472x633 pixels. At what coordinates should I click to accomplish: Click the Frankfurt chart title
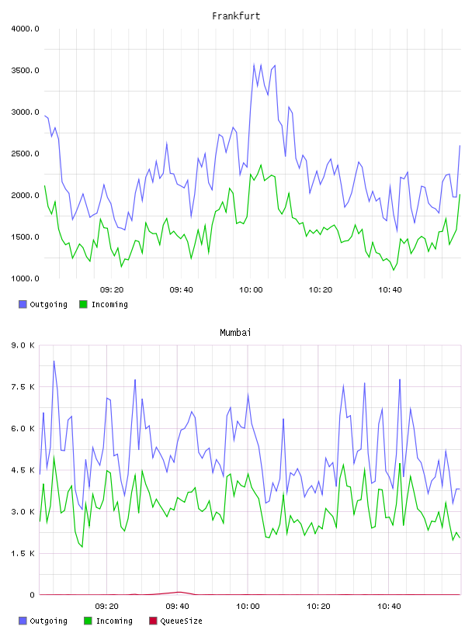[x=236, y=16]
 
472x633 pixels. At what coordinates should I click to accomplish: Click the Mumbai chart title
[x=235, y=333]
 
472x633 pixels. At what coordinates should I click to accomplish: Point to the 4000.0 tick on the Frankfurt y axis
[x=25, y=29]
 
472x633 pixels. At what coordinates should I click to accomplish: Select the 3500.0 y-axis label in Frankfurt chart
[x=25, y=71]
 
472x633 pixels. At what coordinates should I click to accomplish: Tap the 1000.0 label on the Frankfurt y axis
[x=25, y=278]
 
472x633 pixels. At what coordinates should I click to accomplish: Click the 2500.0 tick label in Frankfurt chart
[x=25, y=154]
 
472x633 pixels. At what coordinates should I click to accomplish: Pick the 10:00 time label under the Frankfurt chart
[x=251, y=290]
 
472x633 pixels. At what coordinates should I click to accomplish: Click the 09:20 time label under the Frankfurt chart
[x=112, y=290]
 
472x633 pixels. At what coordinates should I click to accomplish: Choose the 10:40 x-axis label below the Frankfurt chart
[x=390, y=290]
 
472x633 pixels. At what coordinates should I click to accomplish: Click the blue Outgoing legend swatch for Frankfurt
[x=23, y=304]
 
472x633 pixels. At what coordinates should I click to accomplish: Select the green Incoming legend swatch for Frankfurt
[x=83, y=304]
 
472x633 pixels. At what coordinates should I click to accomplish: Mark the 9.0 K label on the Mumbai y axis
[x=23, y=345]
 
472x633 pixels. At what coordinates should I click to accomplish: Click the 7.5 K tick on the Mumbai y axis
[x=23, y=387]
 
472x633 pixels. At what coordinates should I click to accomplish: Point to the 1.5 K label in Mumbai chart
[x=23, y=553]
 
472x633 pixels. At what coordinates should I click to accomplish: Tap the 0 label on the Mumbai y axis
[x=33, y=595]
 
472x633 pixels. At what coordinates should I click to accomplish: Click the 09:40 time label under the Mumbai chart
[x=178, y=607]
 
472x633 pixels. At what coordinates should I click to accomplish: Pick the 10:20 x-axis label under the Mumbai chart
[x=318, y=607]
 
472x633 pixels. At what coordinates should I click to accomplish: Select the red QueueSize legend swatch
[x=153, y=621]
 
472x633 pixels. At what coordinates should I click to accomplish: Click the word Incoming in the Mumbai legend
[x=114, y=621]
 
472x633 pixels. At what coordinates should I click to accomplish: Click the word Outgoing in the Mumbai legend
[x=48, y=621]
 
